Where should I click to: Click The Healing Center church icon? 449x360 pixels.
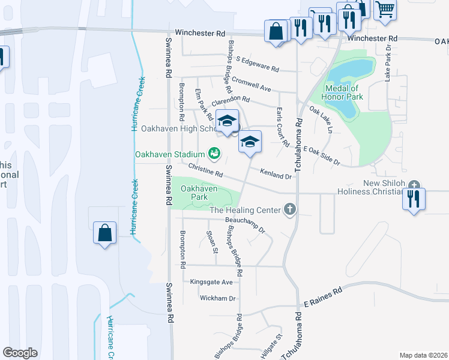[x=289, y=209]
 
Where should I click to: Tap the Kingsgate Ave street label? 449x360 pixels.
[x=211, y=281]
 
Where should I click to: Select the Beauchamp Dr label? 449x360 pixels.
[x=246, y=225]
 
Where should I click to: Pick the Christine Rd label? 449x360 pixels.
[x=205, y=170]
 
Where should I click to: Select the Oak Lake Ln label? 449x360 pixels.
[x=321, y=119]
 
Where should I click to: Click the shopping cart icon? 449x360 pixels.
[x=385, y=9]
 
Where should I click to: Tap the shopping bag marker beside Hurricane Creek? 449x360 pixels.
[x=104, y=232]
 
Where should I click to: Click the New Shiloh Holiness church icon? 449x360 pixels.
[x=414, y=185]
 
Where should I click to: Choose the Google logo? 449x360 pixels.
[x=20, y=353]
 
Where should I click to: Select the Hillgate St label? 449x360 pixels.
[x=271, y=347]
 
